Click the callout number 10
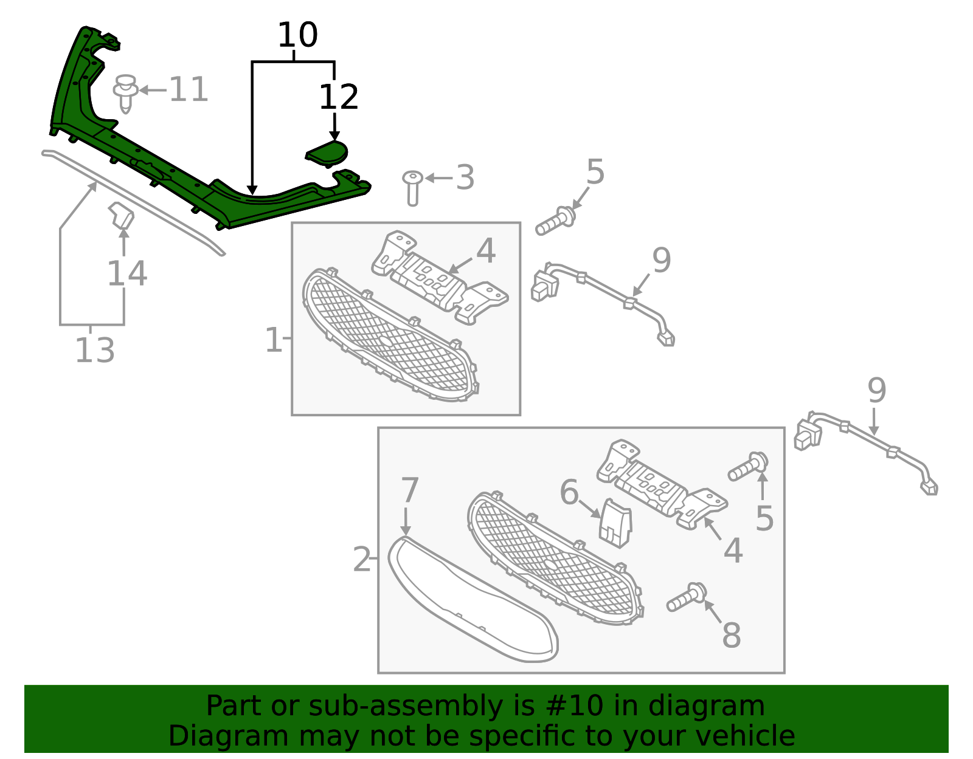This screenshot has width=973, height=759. point(298,35)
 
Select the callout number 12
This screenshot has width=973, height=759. point(339,97)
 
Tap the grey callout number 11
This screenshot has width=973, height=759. point(189,89)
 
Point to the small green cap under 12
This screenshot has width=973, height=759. point(327,154)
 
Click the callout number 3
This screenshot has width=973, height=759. point(465,177)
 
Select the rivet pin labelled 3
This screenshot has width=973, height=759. point(413,188)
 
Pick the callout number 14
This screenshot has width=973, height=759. point(127,273)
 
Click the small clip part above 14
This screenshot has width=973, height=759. point(122,215)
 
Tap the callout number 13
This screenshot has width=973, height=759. point(95,350)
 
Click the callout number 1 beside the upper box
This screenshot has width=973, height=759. point(274,340)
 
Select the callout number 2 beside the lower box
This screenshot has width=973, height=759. point(362,559)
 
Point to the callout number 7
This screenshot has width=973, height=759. point(410,490)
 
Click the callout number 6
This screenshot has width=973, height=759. point(570,492)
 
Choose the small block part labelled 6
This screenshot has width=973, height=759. point(615,523)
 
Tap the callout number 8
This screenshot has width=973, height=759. point(732,634)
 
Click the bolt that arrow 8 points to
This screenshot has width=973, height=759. point(687,597)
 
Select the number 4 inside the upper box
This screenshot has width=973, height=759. point(486,251)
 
